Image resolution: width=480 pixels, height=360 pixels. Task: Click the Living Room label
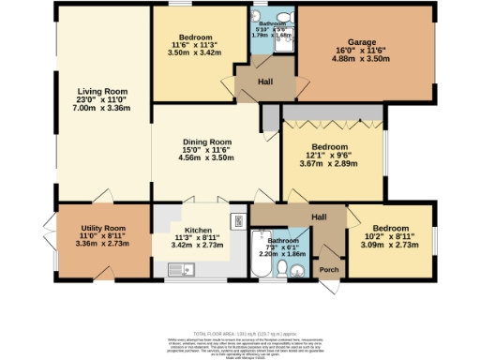(x=100, y=92)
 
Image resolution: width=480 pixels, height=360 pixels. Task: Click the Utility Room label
(x=100, y=228)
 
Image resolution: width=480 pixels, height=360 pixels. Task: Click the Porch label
(x=330, y=272)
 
